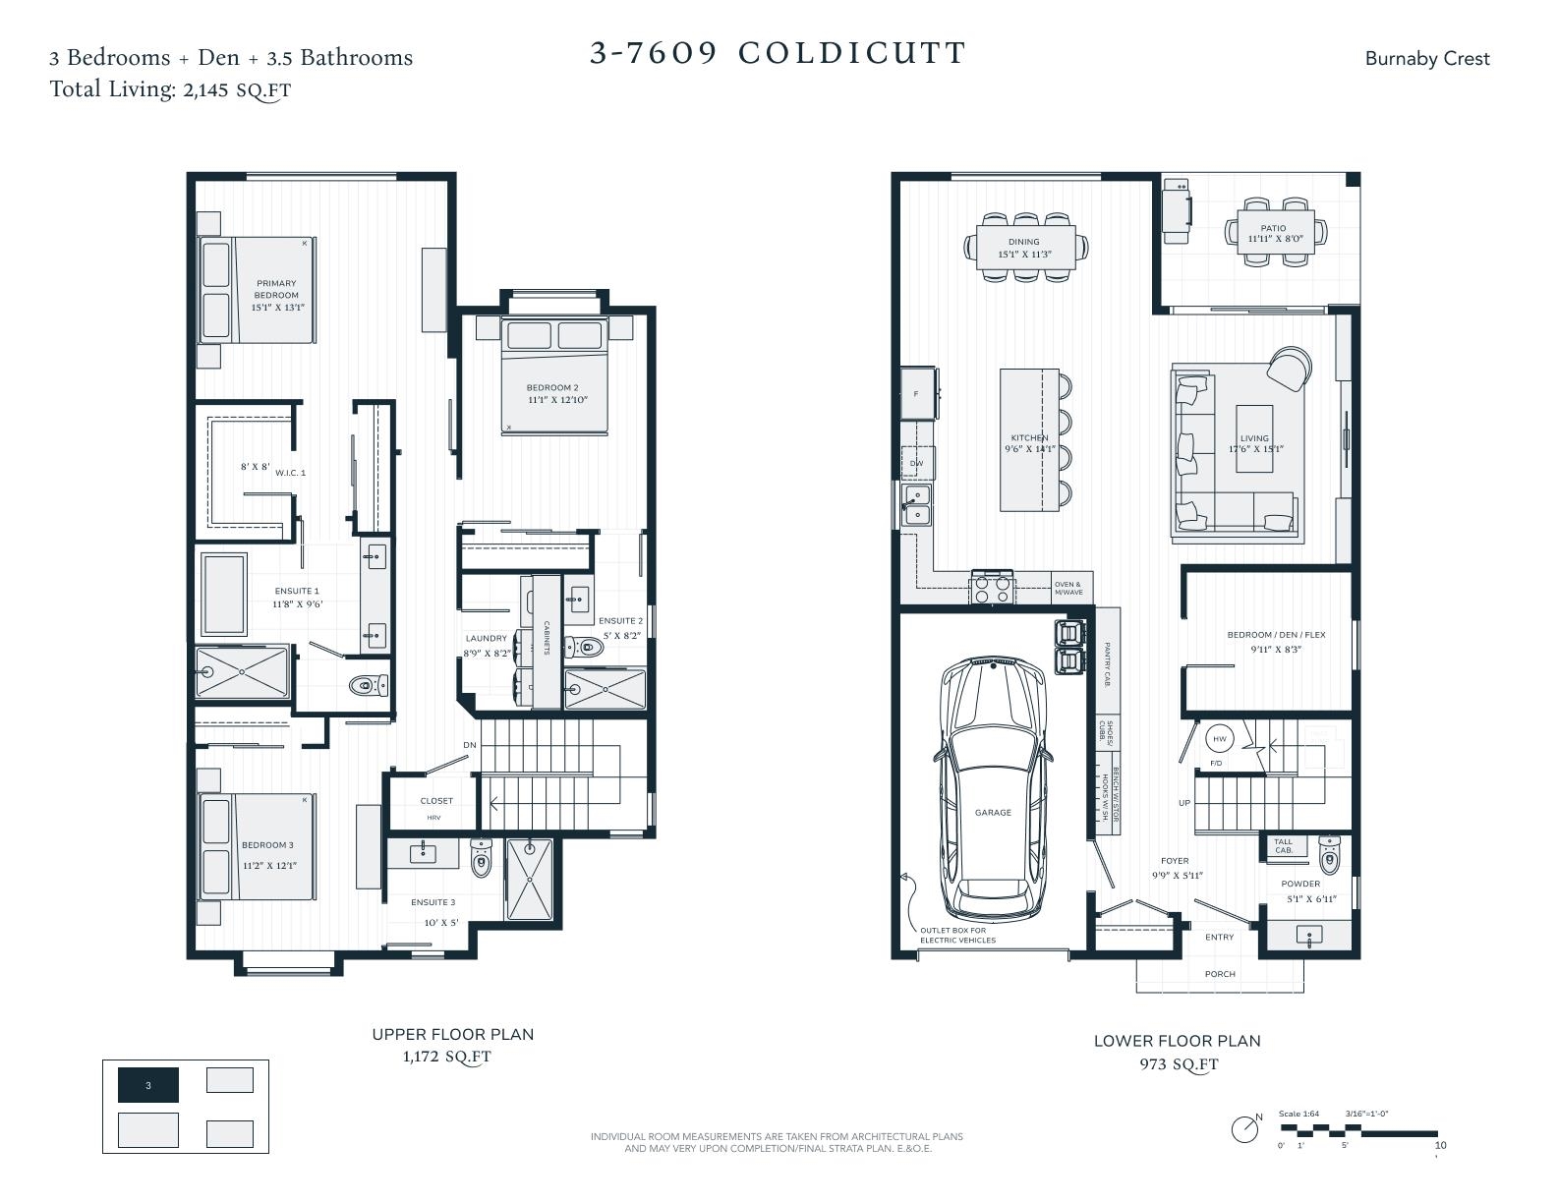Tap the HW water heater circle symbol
(x=1219, y=739)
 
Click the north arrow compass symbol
(x=1245, y=1129)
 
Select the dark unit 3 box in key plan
(x=148, y=1085)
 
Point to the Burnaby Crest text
(x=1426, y=59)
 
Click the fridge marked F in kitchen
(x=918, y=393)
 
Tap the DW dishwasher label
(x=916, y=463)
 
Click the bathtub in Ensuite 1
(x=225, y=594)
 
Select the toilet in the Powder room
(x=1329, y=856)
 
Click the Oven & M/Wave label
(x=1068, y=589)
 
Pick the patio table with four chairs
(x=1274, y=232)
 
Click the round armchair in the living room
(x=1289, y=369)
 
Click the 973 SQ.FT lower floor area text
(x=1178, y=1064)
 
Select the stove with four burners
(x=991, y=588)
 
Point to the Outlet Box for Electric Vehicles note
(x=957, y=935)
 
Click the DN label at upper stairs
(x=470, y=745)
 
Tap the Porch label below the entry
(x=1219, y=974)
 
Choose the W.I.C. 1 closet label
(x=290, y=473)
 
